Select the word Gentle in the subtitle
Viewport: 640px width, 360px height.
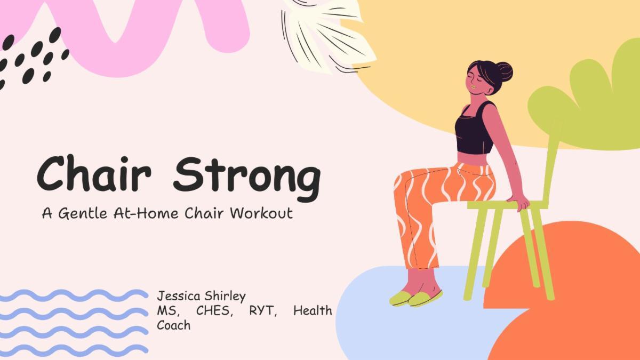pos(82,214)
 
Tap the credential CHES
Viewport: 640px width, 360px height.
pos(215,310)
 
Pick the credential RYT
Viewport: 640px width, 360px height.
pos(263,310)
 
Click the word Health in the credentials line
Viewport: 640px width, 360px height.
pos(313,310)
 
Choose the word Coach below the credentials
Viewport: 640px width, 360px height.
pos(173,324)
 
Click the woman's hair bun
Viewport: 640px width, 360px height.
pos(503,71)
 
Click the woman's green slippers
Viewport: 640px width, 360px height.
pos(415,298)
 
